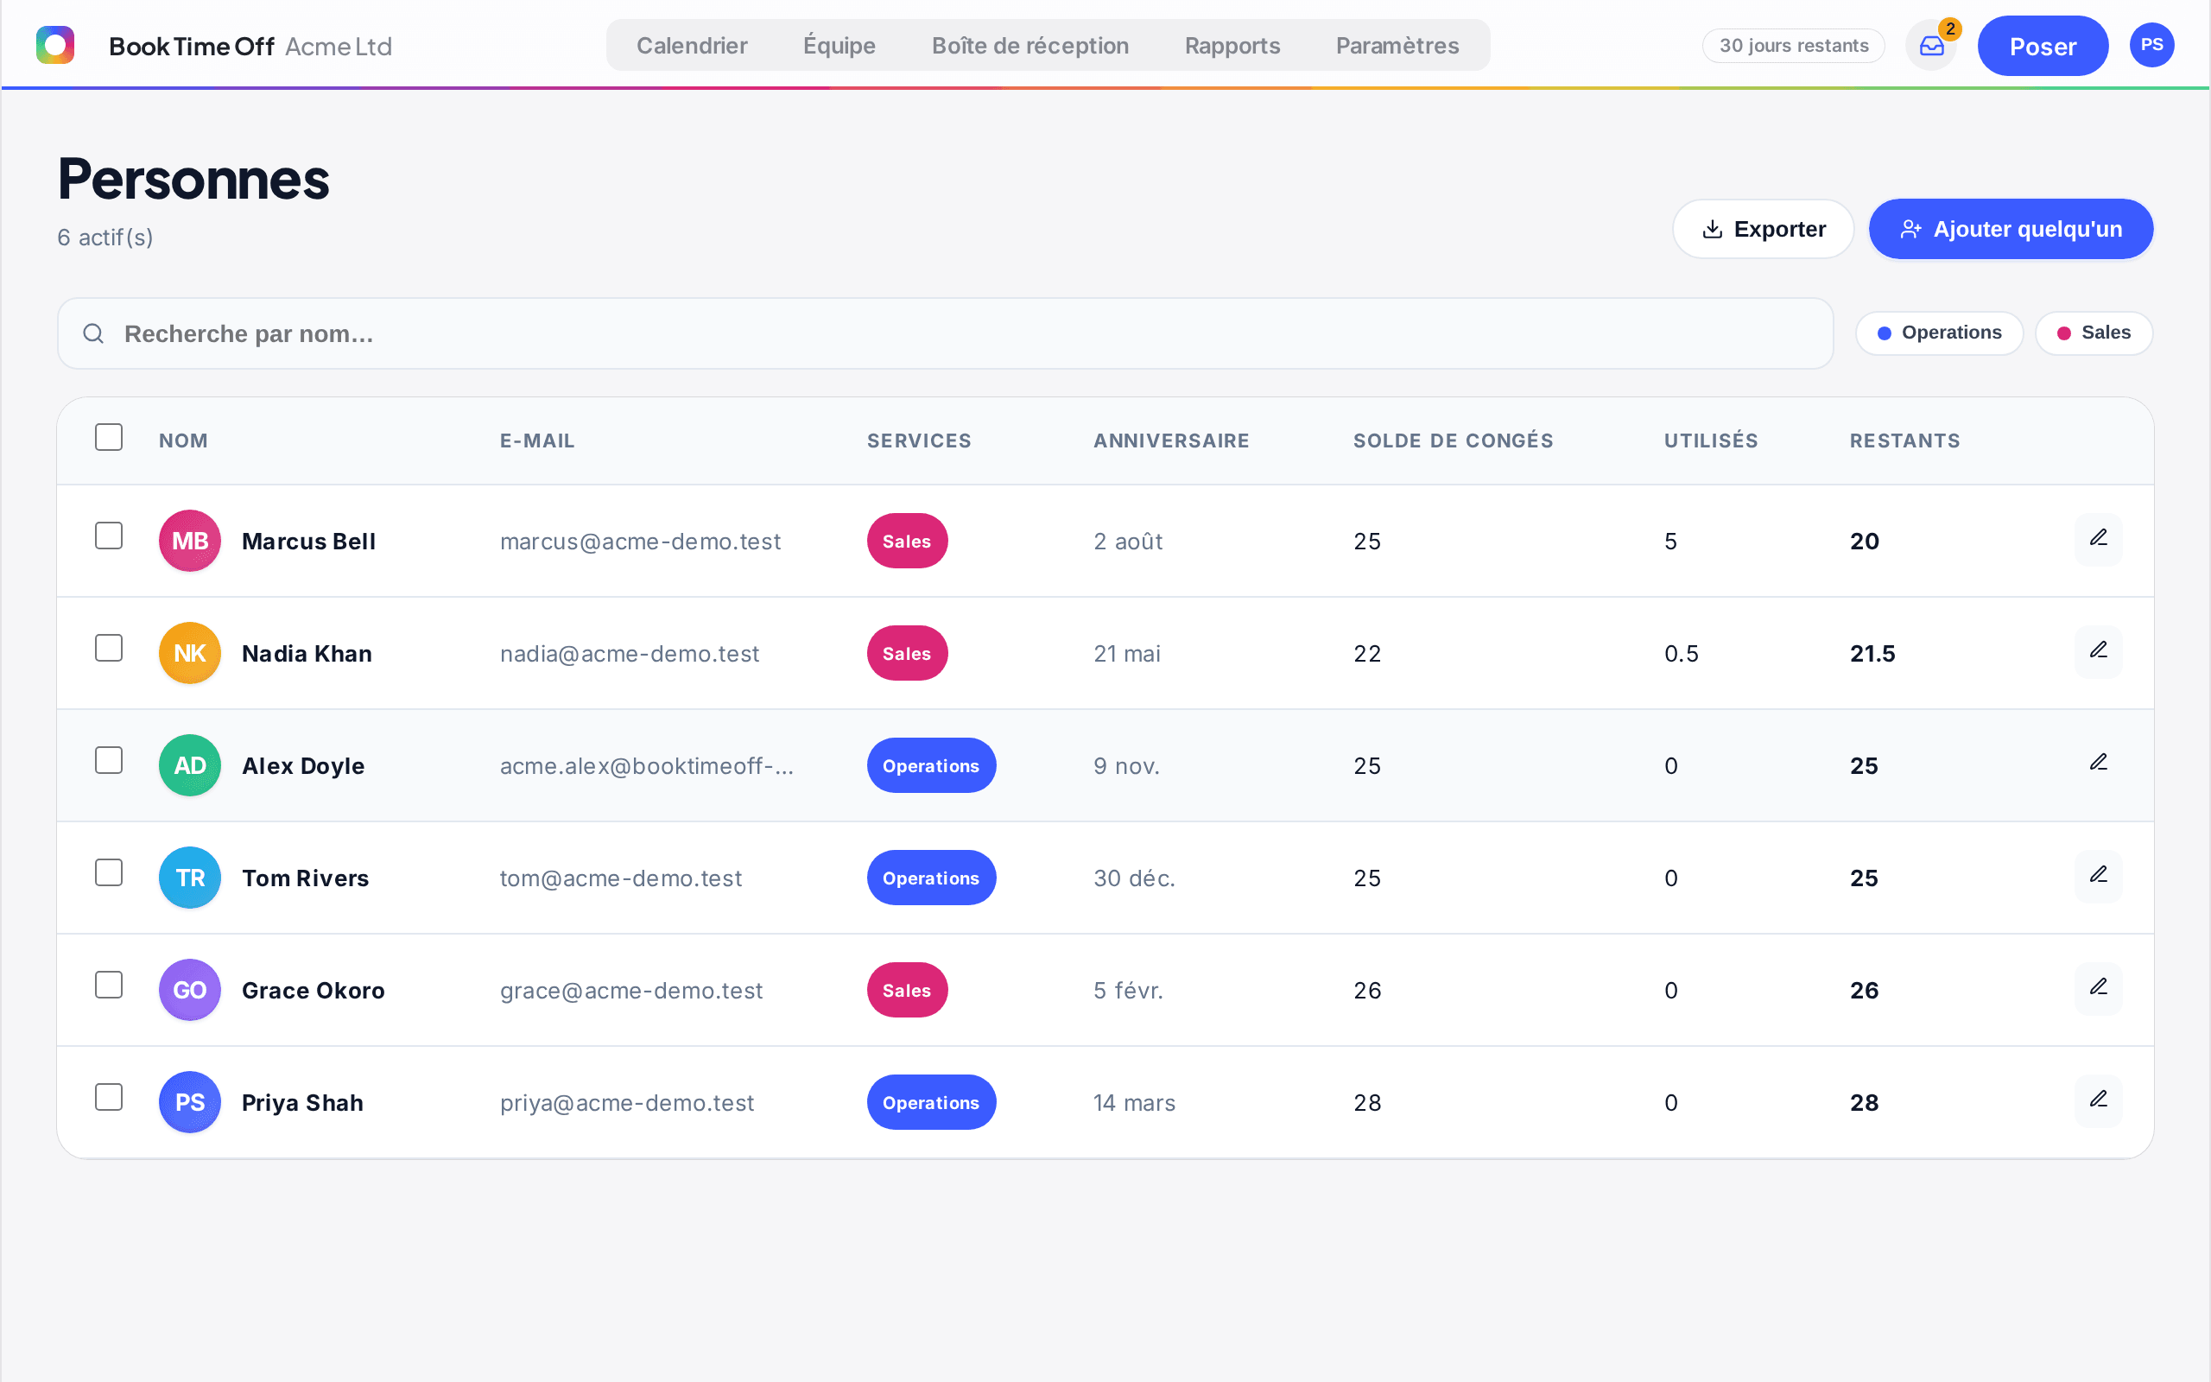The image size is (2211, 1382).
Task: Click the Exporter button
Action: [1763, 229]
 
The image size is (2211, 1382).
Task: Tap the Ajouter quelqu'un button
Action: [2010, 229]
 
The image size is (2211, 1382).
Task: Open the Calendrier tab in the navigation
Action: [692, 46]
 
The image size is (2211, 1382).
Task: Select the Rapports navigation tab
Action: [1232, 46]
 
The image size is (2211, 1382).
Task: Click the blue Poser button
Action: [2043, 46]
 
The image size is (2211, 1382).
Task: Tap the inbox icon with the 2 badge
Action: [1931, 46]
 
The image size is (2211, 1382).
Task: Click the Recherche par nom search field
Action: [945, 333]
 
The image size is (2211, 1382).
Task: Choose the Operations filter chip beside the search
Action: [1939, 333]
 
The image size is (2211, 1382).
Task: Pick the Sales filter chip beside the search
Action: [2094, 333]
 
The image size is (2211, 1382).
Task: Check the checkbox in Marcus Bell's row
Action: [109, 536]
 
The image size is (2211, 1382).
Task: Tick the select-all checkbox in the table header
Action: [109, 437]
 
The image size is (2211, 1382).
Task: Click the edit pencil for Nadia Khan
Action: [2099, 650]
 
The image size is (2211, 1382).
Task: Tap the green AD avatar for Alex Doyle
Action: [190, 765]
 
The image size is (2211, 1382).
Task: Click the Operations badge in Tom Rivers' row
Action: [931, 878]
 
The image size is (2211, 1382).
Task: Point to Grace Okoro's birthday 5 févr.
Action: [1128, 990]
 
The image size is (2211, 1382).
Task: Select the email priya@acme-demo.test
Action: [627, 1102]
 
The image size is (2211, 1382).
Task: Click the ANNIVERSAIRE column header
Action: [1171, 441]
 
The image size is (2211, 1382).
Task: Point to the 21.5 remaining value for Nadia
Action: [1872, 654]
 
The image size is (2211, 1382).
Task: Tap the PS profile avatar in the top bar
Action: [2151, 45]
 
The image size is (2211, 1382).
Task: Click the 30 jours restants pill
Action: [1794, 46]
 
